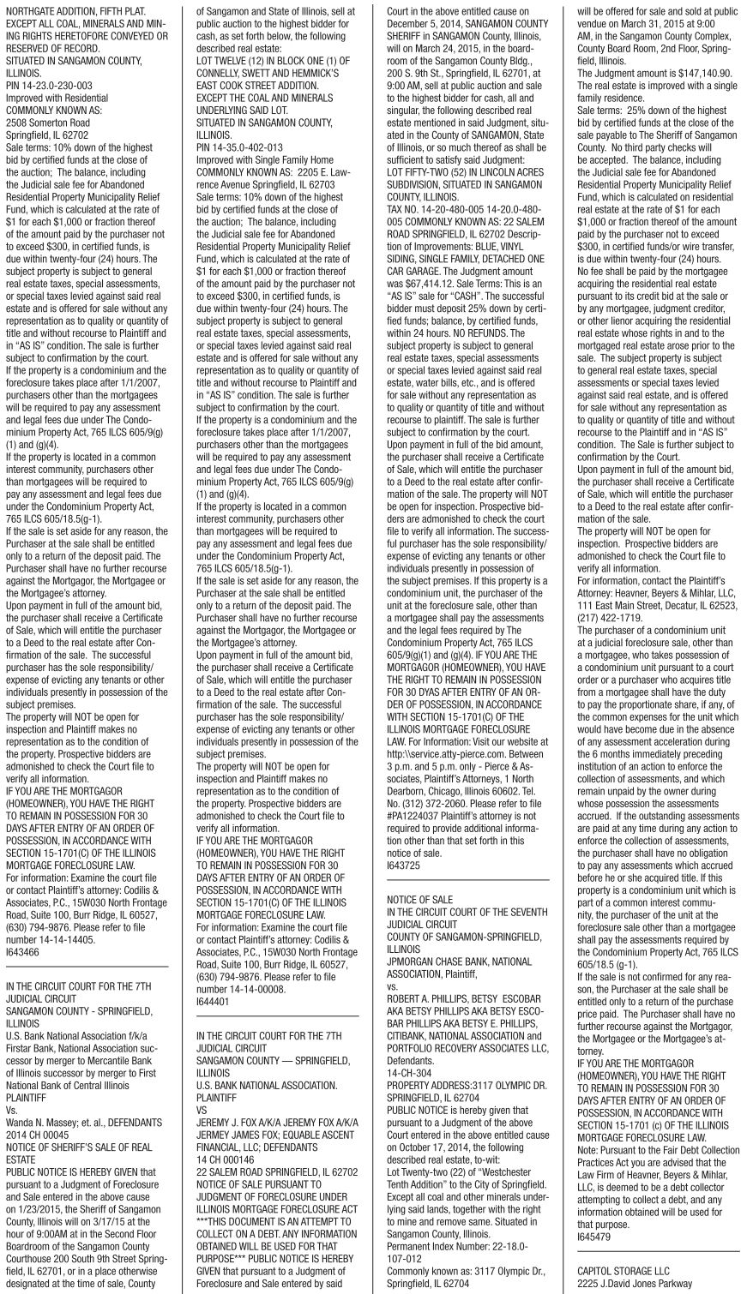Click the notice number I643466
pos(22,951)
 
